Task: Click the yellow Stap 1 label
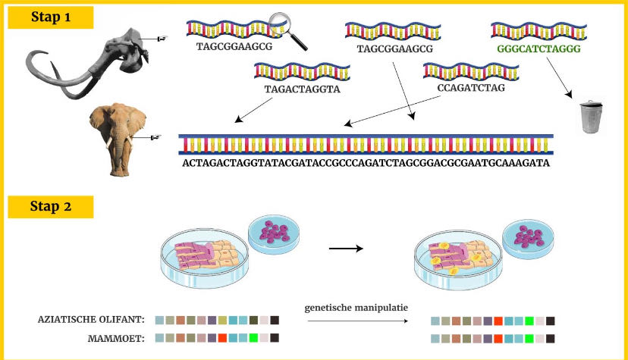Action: coord(51,17)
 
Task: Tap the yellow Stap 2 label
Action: coord(51,206)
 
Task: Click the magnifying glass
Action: coord(288,31)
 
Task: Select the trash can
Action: coord(591,117)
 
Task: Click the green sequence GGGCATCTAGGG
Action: coord(539,49)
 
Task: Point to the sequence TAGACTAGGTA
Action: coord(302,89)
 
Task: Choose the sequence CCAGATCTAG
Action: coord(471,88)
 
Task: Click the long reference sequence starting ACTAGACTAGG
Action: coord(366,163)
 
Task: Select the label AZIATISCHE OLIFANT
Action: coord(91,320)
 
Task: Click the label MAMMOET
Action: coord(116,338)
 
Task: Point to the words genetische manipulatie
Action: coord(356,308)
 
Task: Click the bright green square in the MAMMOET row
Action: coord(253,338)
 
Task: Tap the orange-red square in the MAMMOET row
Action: coord(222,338)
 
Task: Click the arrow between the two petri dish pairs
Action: coord(346,249)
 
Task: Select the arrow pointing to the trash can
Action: coord(559,77)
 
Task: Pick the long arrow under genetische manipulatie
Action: coord(358,321)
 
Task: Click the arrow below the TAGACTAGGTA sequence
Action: coord(253,110)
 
